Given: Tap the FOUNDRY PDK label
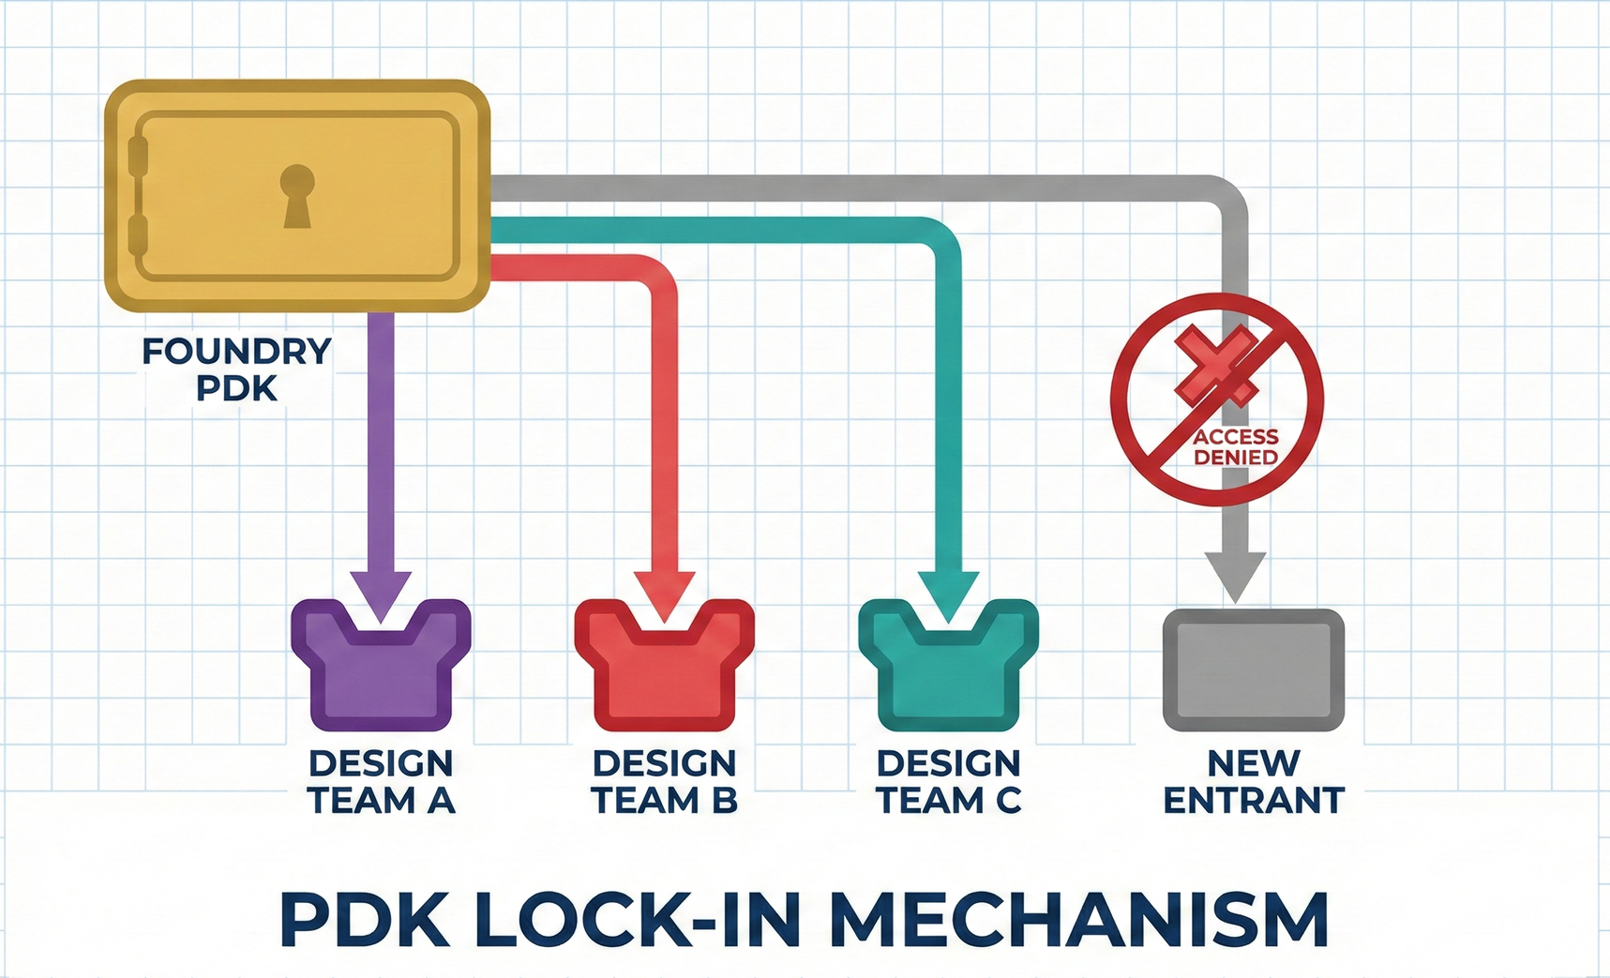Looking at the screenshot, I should pos(236,369).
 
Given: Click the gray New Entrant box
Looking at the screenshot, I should pos(1253,670).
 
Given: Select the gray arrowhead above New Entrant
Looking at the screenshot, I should pos(1235,575).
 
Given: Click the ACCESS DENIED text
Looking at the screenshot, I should pos(1236,447).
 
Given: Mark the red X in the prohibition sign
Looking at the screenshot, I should pos(1216,366).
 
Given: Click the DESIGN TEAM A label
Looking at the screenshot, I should pos(381,782).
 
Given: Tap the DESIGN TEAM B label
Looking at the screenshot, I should pos(664,782).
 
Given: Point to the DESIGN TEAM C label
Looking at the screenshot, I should pos(948,782).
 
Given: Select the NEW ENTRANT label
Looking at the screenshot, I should pos(1254,782).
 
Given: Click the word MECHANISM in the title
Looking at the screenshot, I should pos(1078,921).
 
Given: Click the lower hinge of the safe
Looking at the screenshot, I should pos(139,239).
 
